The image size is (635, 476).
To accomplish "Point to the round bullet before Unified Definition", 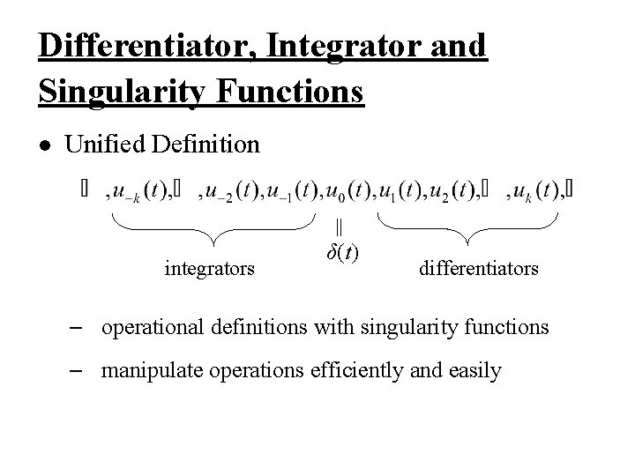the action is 47,145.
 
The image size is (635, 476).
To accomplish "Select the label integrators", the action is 210,266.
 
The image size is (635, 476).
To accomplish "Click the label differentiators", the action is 479,266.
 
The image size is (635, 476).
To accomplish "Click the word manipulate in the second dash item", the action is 148,370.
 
